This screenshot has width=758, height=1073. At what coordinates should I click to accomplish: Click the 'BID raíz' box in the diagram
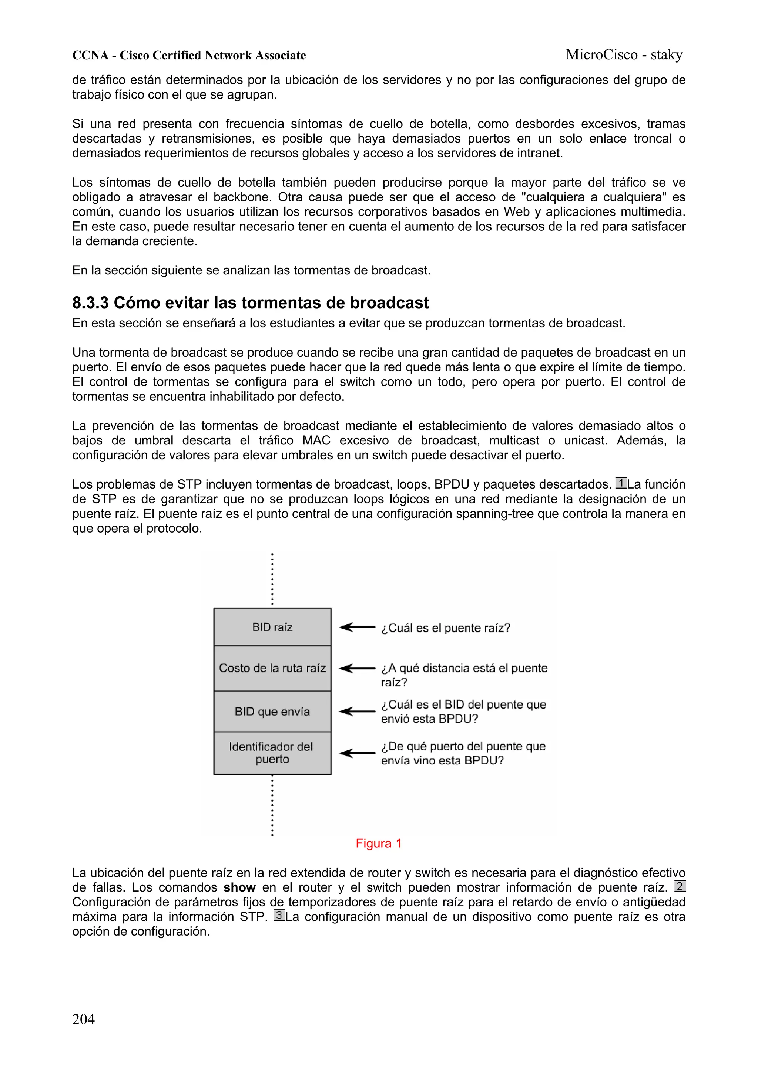[272, 627]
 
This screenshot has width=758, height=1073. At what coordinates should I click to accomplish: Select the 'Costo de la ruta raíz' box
[272, 668]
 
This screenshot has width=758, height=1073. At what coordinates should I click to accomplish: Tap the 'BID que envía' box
[272, 711]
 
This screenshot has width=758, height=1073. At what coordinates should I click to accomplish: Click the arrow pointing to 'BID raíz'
[357, 627]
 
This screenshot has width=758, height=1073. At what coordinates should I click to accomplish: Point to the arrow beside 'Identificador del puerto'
[357, 753]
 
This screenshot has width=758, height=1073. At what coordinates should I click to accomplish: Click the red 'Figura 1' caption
[378, 843]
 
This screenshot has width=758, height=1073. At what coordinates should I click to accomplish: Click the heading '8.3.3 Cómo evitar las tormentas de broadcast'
[250, 303]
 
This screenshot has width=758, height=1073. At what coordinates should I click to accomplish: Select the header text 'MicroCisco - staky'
[624, 55]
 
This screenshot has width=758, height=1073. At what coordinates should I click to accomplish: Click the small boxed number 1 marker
[621, 483]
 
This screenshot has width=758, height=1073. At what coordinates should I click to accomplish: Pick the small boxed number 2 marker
[680, 886]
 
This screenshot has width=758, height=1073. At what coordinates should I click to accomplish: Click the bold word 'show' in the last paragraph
[239, 887]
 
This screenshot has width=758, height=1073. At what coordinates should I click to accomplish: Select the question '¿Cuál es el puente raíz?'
[446, 628]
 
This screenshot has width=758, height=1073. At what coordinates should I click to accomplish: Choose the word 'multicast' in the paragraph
[514, 440]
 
